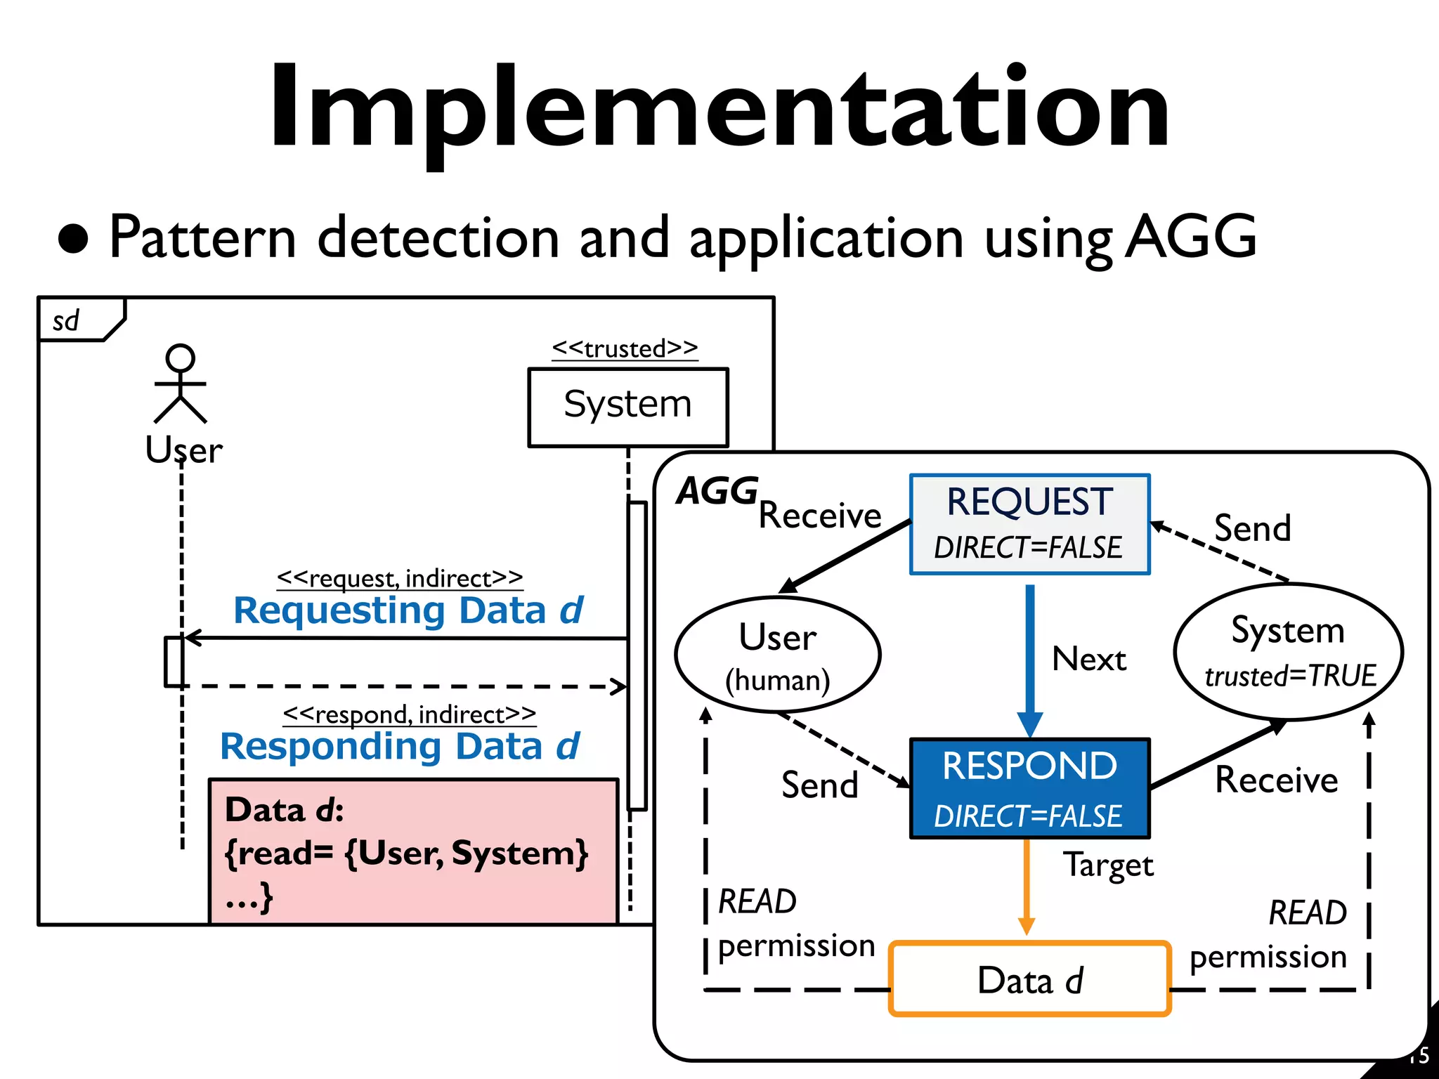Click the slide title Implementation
pos(719,109)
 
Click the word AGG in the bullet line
pos(1191,237)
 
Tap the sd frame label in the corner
pos(67,322)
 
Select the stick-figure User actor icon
pos(181,384)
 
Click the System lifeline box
pos(627,407)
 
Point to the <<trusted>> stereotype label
pos(625,348)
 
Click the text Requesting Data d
pos(408,610)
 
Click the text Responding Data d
pos(400,746)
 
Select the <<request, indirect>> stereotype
pos(400,578)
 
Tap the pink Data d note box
pos(413,851)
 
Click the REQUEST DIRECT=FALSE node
pos(1029,524)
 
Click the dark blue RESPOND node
pos(1029,788)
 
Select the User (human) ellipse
pos(777,655)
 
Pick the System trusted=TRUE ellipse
pos(1288,652)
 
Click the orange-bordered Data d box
pos(1029,979)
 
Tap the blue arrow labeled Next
pos(1030,653)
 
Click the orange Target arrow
pos(1027,885)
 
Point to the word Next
pos(1088,660)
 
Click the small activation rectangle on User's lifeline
pos(174,661)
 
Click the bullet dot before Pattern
pos(73,239)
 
